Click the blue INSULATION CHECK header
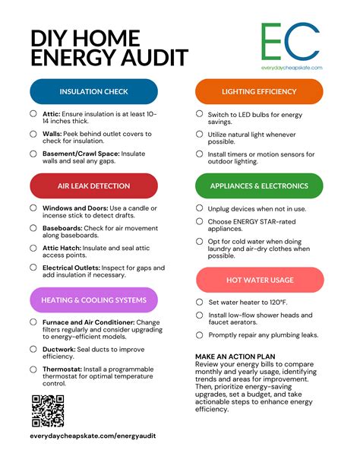(x=93, y=91)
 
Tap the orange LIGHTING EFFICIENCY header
(x=259, y=91)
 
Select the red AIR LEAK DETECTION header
(x=93, y=185)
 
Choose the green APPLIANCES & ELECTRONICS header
(x=259, y=185)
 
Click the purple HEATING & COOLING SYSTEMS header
(x=93, y=300)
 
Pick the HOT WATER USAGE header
(x=259, y=280)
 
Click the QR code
(x=47, y=411)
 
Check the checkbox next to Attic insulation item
(x=33, y=113)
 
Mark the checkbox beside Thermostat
(x=33, y=369)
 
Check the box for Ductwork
(x=33, y=349)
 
